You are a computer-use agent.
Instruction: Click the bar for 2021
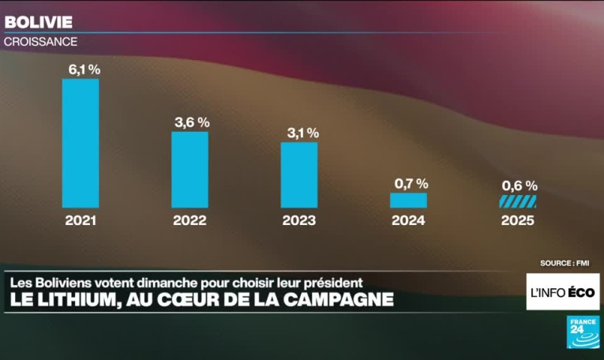(81, 143)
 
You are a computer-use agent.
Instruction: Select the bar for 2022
(190, 169)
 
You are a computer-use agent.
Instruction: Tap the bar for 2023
(299, 174)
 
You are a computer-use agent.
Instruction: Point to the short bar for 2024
(408, 201)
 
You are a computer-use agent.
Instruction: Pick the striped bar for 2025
(518, 202)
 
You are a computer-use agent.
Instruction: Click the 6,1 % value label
(84, 69)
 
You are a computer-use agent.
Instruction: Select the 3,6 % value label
(192, 122)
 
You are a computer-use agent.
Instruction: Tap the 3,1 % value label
(302, 133)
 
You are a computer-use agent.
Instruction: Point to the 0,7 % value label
(410, 184)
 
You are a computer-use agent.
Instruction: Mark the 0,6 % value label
(520, 186)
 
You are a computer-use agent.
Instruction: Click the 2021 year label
(81, 221)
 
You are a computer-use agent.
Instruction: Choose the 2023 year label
(299, 221)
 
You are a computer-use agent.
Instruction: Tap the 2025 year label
(518, 221)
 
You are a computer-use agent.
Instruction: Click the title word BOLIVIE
(39, 21)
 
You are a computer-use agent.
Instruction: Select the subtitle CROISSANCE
(41, 41)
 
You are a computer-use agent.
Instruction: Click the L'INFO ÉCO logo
(563, 292)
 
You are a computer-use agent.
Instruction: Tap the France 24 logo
(583, 332)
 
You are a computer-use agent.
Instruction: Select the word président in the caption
(331, 281)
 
